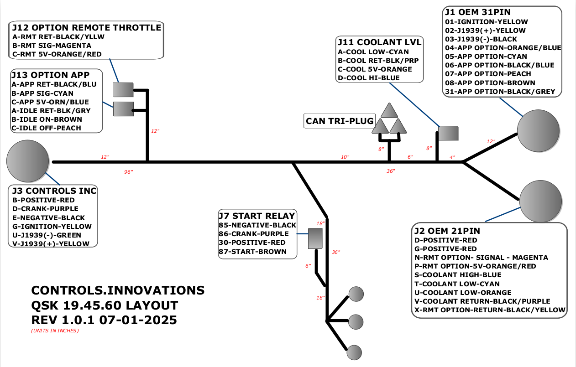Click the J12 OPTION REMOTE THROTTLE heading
click(x=86, y=28)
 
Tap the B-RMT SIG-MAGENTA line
click(x=52, y=46)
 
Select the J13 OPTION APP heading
click(x=50, y=75)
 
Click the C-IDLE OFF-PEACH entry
click(x=46, y=128)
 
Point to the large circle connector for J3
click(x=28, y=160)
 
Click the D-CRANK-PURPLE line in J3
click(x=46, y=209)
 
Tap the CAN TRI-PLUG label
click(x=339, y=121)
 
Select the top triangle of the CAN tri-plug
click(x=388, y=110)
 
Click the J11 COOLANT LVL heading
click(x=379, y=42)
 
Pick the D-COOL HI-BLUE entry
click(x=369, y=78)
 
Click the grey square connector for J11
click(x=448, y=133)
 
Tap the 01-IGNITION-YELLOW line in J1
click(x=487, y=22)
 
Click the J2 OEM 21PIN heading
click(x=447, y=231)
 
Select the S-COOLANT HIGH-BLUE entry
click(x=458, y=275)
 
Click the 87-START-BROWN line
click(x=253, y=251)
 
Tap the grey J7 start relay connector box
click(x=315, y=238)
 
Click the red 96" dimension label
click(x=129, y=172)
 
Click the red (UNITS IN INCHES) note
click(x=55, y=331)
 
